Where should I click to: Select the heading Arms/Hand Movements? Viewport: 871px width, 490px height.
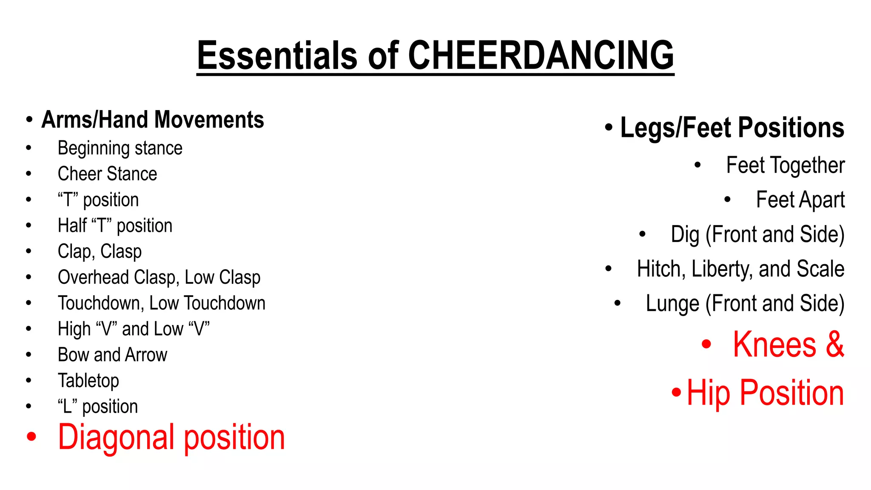(153, 120)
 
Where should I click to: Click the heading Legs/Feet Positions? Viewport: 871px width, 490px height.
(732, 128)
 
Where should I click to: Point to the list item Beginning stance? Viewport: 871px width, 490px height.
(120, 148)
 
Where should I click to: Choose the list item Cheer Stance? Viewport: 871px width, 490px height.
(107, 174)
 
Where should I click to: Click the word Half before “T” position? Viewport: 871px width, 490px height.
(72, 225)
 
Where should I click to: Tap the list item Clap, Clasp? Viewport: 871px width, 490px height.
(100, 251)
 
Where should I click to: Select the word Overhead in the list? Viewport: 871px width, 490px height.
(93, 277)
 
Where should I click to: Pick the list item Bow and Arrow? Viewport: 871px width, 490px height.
(112, 355)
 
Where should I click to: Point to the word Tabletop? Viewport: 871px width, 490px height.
(88, 381)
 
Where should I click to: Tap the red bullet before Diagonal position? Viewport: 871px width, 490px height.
(31, 437)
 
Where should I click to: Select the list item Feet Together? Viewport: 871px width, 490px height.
(785, 165)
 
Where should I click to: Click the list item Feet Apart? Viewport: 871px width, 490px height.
(800, 200)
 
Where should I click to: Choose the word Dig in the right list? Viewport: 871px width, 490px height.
(685, 234)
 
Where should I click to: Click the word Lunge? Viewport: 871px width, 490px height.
(672, 304)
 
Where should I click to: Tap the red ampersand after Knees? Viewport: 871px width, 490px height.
(834, 345)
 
